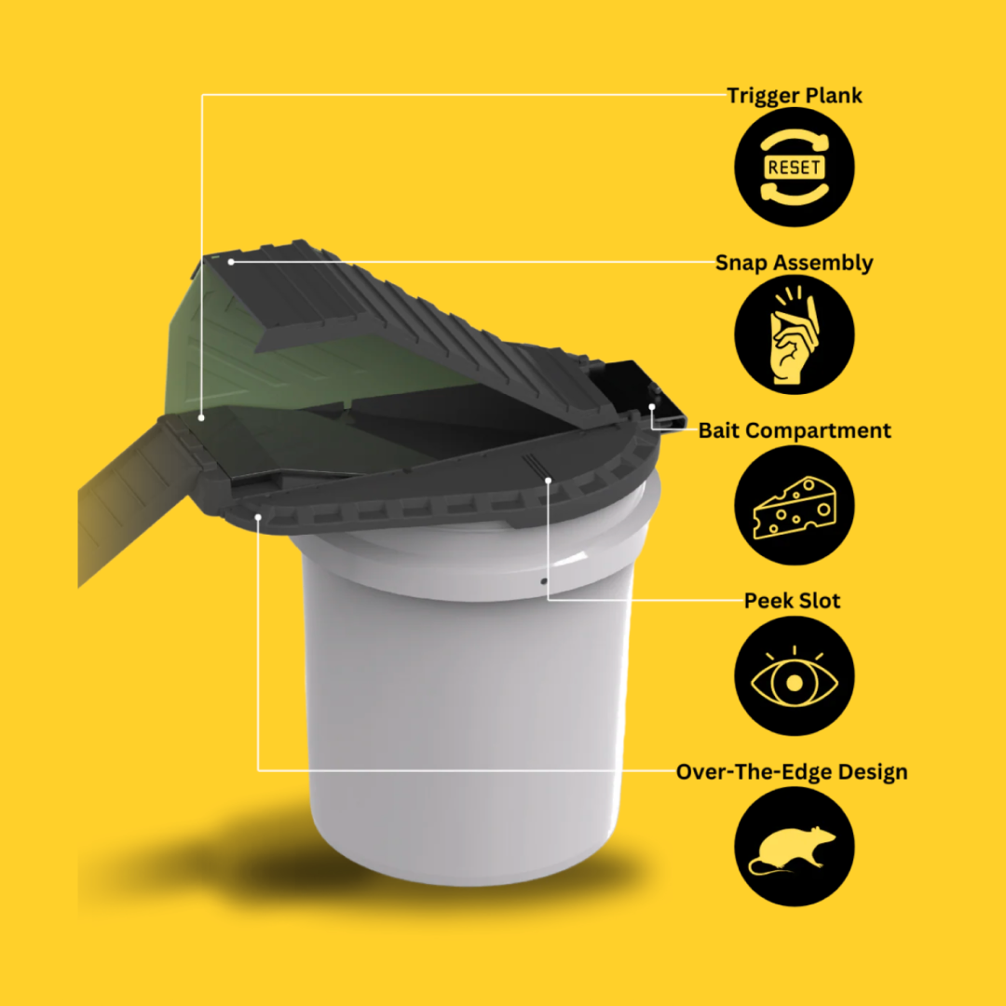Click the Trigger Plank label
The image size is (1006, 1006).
click(x=795, y=96)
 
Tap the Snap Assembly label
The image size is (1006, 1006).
click(x=794, y=263)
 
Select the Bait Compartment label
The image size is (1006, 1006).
click(x=795, y=430)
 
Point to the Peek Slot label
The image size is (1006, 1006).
click(x=792, y=601)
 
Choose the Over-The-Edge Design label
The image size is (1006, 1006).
click(x=792, y=772)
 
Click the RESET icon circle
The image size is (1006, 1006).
click(x=795, y=167)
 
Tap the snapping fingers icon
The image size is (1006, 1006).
click(x=795, y=335)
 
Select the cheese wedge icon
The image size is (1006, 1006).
click(x=795, y=506)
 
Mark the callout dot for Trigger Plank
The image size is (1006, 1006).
click(x=201, y=417)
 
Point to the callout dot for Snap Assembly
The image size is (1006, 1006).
click(x=231, y=262)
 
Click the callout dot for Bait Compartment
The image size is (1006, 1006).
click(x=652, y=407)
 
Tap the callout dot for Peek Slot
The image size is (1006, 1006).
click(x=548, y=480)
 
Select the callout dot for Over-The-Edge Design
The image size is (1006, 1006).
click(x=258, y=517)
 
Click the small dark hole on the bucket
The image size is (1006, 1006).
click(x=544, y=581)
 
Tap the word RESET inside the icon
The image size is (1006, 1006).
click(x=795, y=168)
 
